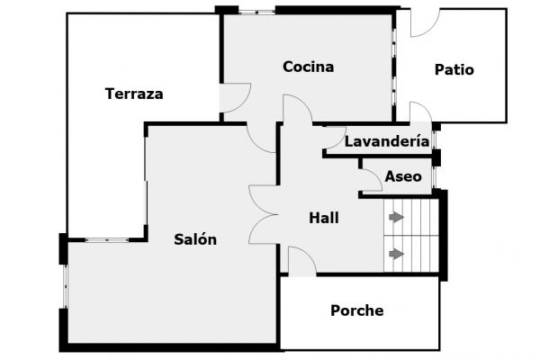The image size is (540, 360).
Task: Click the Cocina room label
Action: [x=308, y=67]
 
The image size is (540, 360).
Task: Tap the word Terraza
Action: [x=134, y=94]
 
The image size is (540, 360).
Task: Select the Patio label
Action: [x=454, y=69]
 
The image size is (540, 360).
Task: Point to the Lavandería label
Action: [x=387, y=140]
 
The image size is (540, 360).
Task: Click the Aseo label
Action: [x=403, y=176]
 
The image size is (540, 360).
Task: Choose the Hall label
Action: [x=324, y=218]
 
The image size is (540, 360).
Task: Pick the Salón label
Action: [x=195, y=239]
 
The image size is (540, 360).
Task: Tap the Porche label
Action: [x=357, y=310]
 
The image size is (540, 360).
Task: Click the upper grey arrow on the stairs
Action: [x=396, y=217]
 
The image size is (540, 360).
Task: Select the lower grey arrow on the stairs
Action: [x=396, y=254]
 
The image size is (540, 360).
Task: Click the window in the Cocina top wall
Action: [x=256, y=12]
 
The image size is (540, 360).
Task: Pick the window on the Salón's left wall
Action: [x=66, y=286]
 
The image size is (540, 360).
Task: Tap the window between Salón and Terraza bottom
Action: [x=107, y=239]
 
